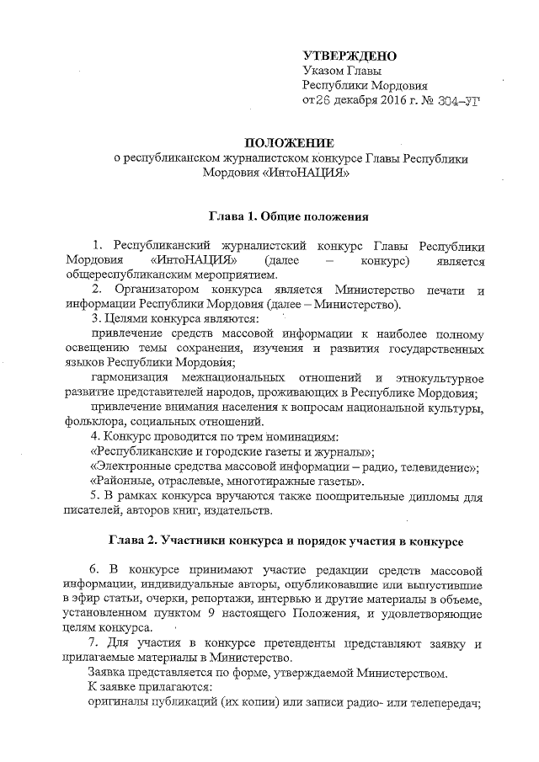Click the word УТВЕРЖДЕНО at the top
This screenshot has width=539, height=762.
tap(348, 55)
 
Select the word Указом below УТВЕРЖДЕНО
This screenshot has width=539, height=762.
tap(323, 70)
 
